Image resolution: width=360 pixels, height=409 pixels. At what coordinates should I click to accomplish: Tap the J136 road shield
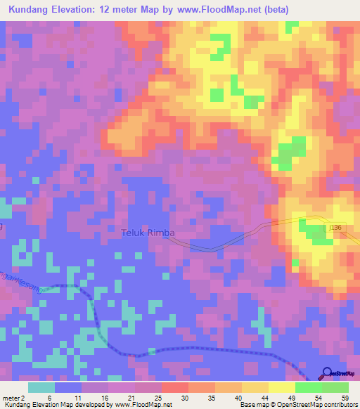335,228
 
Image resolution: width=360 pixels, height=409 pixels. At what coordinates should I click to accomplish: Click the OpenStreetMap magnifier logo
328,373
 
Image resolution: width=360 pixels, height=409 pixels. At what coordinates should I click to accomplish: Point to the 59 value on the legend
345,397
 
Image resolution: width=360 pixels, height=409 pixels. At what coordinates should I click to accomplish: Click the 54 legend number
319,397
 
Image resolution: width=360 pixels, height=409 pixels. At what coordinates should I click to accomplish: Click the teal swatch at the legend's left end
41,387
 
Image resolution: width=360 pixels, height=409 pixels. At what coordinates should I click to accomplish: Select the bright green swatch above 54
308,387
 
